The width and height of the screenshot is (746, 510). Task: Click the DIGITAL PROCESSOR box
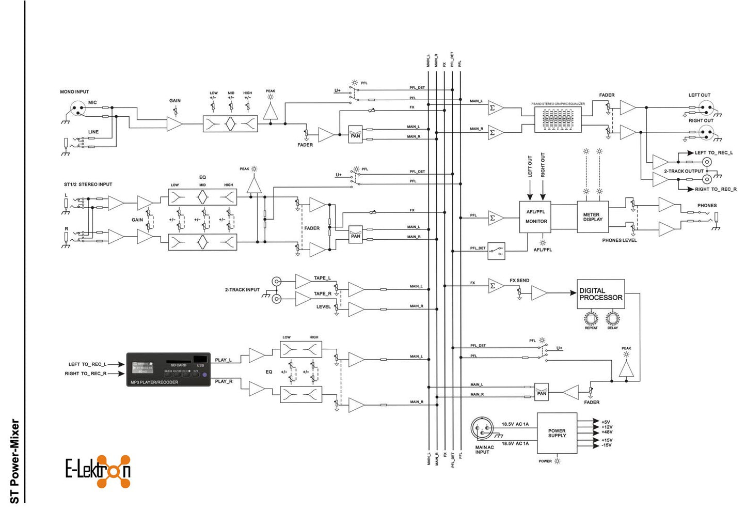[600, 294]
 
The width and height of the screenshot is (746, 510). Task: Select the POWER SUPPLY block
[557, 433]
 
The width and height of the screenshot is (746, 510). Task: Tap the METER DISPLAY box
[592, 217]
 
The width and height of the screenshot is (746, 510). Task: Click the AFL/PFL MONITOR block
[535, 217]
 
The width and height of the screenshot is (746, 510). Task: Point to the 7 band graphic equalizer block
[558, 120]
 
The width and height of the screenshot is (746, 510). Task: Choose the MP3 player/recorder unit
[168, 369]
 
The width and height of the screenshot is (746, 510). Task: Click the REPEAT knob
[591, 318]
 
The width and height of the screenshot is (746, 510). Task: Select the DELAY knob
[613, 318]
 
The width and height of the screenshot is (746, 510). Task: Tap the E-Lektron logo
[98, 471]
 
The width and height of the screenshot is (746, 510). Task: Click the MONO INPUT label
[74, 92]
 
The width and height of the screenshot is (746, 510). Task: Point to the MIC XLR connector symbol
[77, 109]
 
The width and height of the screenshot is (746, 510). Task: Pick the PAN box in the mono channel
[355, 134]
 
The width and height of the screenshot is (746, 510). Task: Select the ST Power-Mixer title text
[14, 461]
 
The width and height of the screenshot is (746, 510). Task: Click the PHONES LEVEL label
[619, 240]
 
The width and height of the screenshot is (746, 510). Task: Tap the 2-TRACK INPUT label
[242, 290]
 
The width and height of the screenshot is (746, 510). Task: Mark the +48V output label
[607, 432]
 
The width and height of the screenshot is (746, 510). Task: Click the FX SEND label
[519, 281]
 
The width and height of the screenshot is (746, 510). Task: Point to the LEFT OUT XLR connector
[706, 107]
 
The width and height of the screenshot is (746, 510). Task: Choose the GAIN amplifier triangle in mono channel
[174, 124]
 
